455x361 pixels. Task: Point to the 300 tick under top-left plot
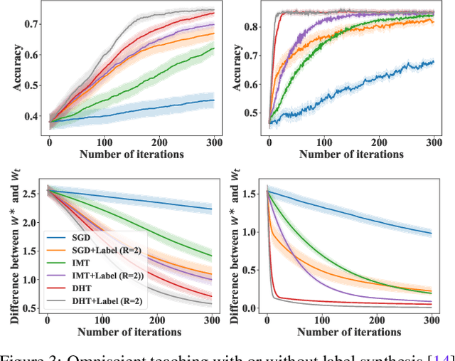pyautogui.click(x=211, y=143)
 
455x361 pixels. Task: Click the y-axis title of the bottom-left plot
pyautogui.click(x=14, y=246)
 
